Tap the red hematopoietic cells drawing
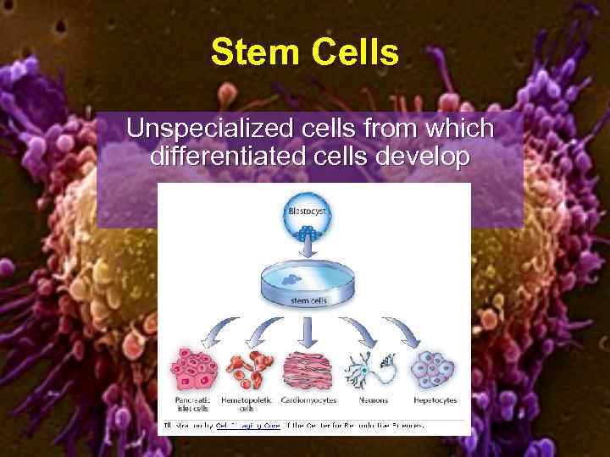pyautogui.click(x=249, y=371)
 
